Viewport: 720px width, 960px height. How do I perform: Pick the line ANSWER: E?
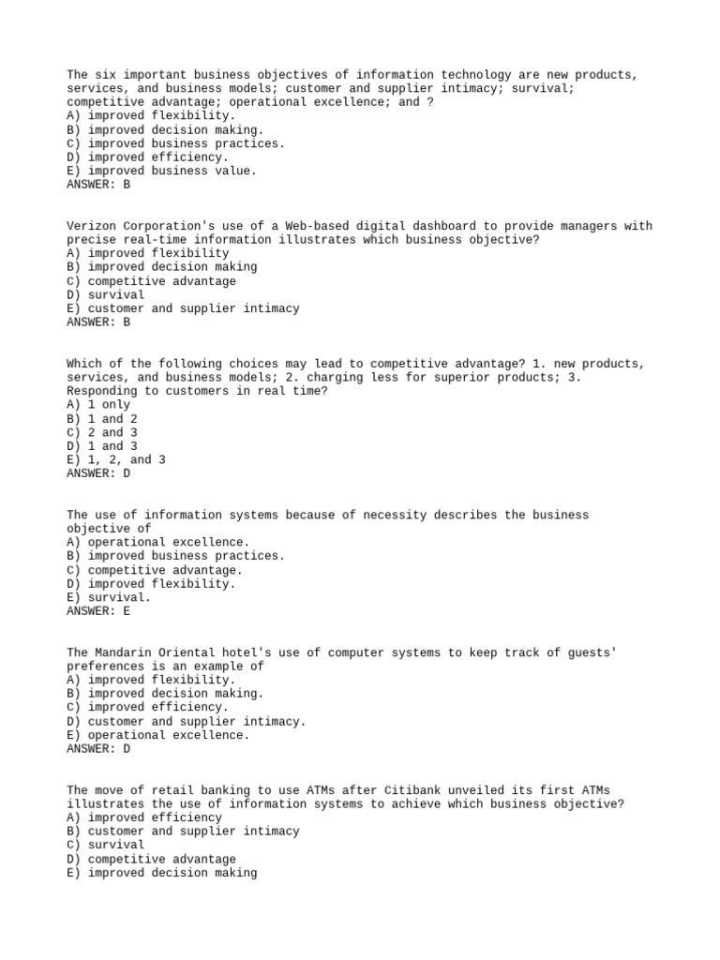[98, 611]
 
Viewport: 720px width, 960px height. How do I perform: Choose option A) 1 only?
[98, 405]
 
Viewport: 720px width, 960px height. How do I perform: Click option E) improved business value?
[161, 172]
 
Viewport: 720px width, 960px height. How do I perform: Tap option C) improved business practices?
[175, 143]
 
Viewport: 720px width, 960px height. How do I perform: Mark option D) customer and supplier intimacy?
[186, 722]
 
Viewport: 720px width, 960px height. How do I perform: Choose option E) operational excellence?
[158, 735]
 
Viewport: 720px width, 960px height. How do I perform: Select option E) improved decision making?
[161, 873]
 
